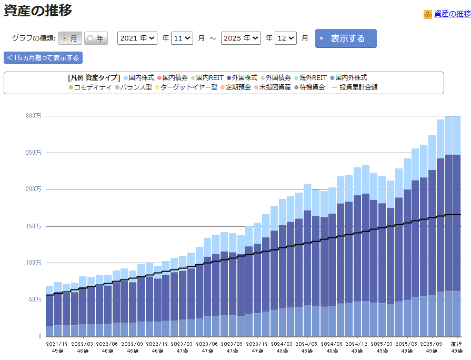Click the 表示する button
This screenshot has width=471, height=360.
(x=346, y=38)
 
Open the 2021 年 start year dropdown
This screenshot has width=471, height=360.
(x=137, y=38)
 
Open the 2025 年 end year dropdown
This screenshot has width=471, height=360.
(x=241, y=38)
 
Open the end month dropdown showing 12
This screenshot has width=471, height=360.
(x=285, y=38)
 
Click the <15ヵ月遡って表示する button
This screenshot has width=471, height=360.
(x=43, y=57)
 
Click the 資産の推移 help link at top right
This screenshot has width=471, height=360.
(x=452, y=14)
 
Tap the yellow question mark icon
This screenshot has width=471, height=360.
(x=428, y=14)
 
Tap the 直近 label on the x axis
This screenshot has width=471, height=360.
(x=456, y=344)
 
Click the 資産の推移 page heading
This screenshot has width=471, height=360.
(x=38, y=11)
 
